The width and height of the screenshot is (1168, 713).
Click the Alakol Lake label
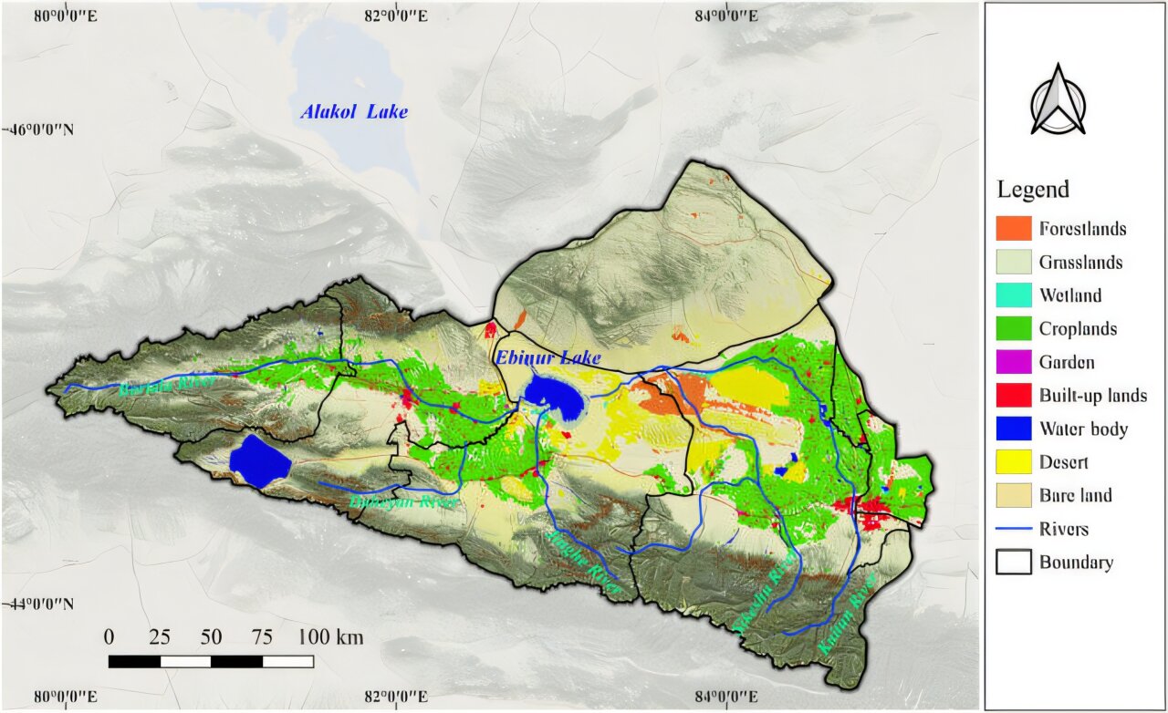click(354, 112)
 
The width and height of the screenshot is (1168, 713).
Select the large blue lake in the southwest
click(259, 460)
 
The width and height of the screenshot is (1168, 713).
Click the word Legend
click(1032, 190)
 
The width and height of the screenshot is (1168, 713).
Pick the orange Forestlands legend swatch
click(1013, 229)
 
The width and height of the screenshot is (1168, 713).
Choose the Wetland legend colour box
click(1013, 295)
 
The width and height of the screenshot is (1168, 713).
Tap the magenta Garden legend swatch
click(1013, 362)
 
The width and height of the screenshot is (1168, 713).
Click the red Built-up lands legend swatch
click(1013, 396)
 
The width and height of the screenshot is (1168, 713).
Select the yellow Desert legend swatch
click(1013, 462)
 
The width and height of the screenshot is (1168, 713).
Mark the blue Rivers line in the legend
click(1013, 529)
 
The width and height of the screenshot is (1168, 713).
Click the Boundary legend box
click(1013, 562)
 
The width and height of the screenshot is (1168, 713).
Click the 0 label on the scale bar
click(109, 636)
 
